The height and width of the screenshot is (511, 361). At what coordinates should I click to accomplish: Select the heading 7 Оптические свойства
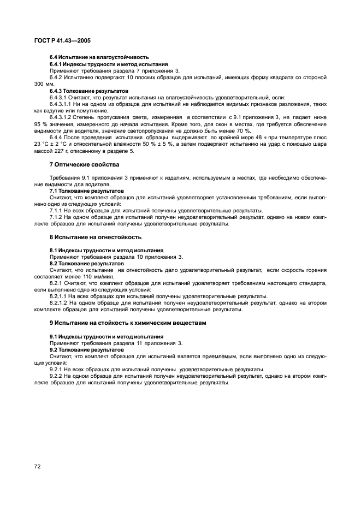(x=84, y=164)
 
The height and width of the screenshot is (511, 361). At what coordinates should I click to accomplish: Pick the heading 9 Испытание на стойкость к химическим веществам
(x=128, y=323)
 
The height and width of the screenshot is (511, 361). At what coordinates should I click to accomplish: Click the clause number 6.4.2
(x=58, y=78)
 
